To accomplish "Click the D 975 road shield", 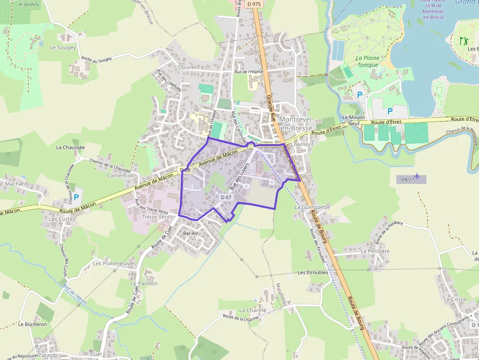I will pos(254,4).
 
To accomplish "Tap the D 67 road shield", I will pos(226,197).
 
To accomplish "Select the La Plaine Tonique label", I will pos(367,62).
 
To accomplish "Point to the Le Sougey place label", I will pos(63,48).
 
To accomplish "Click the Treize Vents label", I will pos(157,216).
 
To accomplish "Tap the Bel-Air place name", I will pos(191,233).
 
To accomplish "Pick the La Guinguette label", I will pos(312,207).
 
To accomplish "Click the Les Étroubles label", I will pos(313,273).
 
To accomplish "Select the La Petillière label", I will pos(375,251).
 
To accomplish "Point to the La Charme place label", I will pos(253,310).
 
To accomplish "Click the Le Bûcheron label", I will pos(33,324).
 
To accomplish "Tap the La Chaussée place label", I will pos(70,147).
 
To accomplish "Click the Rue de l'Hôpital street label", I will pos(249,72).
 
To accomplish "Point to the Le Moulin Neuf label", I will pos(354,121).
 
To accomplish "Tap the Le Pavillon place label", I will pos(144,283).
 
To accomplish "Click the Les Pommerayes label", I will pos(114,264).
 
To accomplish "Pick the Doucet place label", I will pos(187,67).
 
